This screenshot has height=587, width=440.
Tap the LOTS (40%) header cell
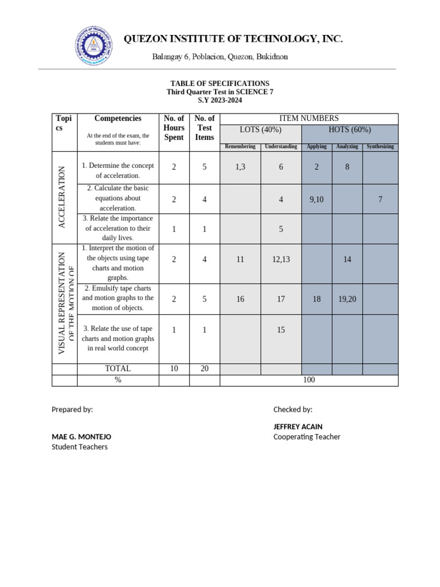260,130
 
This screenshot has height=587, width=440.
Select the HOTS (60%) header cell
349,130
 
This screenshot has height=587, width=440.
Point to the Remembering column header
240,147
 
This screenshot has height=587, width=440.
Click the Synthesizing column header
380,147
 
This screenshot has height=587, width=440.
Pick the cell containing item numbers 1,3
240,167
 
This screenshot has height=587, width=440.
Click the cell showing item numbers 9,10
317,199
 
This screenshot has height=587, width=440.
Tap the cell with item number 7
380,199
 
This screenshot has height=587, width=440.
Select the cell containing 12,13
281,260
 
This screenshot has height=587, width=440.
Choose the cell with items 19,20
347,299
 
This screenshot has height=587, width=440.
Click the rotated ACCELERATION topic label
64,197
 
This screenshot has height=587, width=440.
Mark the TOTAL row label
117,369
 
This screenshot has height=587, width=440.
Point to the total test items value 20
205,369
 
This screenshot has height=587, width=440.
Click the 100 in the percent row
309,380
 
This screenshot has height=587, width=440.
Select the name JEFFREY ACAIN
297,427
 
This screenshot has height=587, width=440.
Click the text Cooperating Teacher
307,437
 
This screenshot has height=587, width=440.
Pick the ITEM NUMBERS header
309,118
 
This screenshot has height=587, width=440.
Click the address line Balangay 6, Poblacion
220,57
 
